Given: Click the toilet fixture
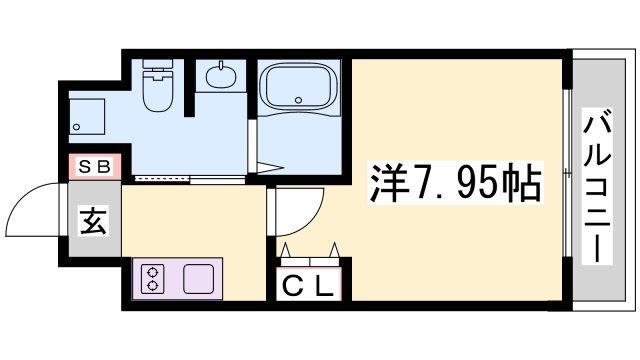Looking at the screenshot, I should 157,89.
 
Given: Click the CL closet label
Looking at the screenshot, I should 308,286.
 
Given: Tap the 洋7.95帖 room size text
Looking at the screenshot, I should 457,182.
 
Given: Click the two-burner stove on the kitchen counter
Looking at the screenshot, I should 153,278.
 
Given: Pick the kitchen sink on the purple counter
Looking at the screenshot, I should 197,277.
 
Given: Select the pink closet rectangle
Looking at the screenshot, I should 308,281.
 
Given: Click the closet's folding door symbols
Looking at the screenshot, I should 308,251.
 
